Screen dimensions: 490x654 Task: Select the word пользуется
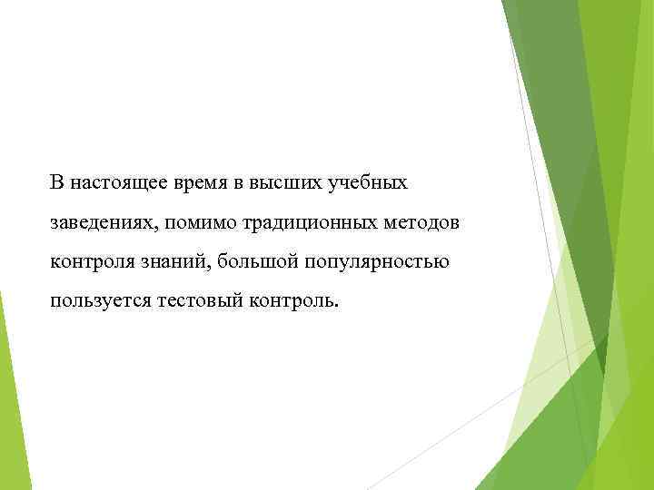pyautogui.click(x=99, y=301)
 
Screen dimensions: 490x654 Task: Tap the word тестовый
pyautogui.click(x=195, y=301)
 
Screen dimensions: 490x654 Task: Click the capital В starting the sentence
pyautogui.click(x=57, y=183)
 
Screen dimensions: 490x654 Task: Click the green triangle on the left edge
pyautogui.click(x=10, y=399)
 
